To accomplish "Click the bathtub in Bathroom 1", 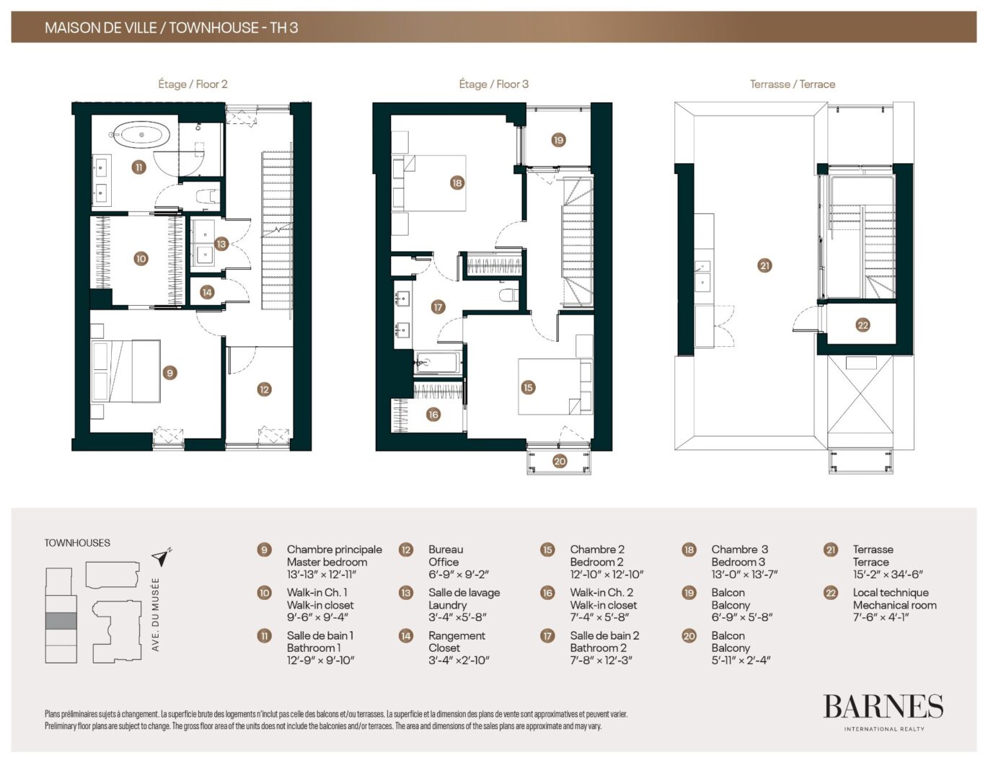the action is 141,135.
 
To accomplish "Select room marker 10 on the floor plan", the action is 141,259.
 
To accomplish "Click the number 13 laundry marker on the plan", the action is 221,244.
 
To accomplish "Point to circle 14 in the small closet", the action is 207,292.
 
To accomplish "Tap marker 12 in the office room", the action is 264,389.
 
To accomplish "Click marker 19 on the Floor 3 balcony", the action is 558,140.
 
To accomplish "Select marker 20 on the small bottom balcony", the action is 560,461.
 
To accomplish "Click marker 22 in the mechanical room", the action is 863,325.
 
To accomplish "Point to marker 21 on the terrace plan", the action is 764,265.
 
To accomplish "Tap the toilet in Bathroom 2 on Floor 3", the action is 508,295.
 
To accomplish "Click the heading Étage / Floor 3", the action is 494,84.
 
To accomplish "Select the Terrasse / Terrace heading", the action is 793,84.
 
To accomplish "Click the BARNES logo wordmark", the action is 883,707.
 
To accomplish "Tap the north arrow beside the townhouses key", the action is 162,557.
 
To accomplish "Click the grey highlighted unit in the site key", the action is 61,621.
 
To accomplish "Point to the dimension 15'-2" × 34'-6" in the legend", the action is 888,574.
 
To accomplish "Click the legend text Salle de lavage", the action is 464,593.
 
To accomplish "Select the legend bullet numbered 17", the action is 547,635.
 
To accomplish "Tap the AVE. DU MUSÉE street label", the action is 156,614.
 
